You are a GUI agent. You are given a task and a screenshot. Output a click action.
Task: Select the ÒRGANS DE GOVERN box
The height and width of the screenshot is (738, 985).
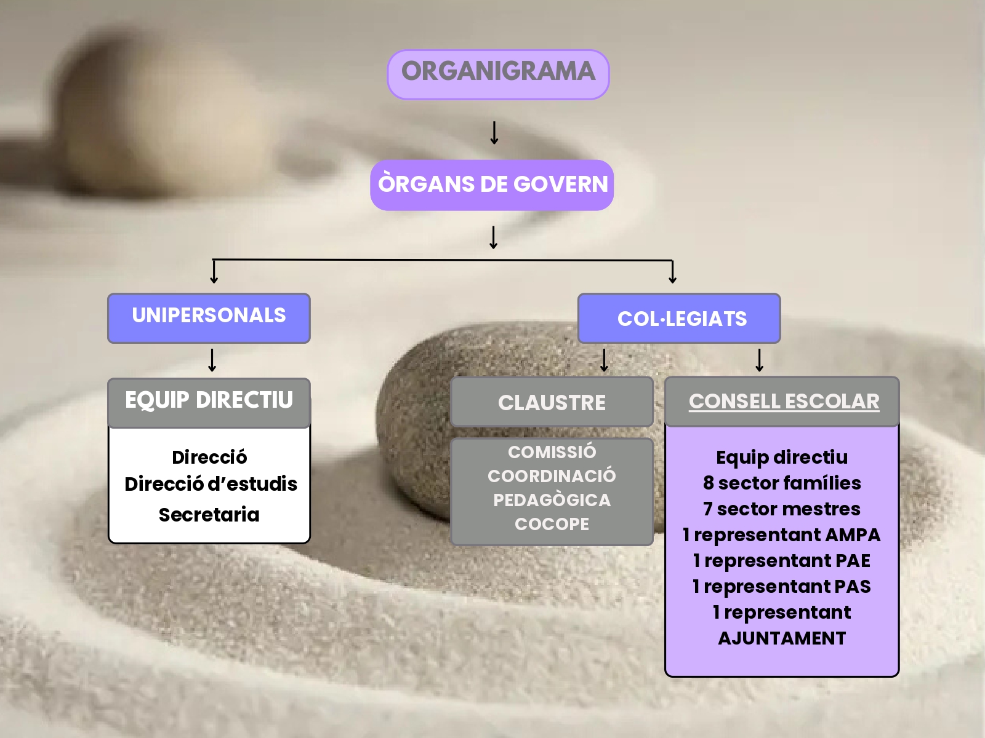(492, 184)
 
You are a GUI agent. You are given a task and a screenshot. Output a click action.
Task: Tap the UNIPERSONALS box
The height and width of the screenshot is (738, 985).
(209, 317)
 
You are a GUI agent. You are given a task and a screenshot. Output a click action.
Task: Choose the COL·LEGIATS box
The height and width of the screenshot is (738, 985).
(679, 319)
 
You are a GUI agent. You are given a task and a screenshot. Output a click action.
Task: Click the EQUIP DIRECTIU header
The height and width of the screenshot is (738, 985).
(209, 402)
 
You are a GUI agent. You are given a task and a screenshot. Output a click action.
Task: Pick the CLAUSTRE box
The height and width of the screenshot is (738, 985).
(552, 402)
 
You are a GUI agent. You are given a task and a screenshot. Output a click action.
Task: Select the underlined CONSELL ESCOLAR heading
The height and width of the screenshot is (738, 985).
(784, 401)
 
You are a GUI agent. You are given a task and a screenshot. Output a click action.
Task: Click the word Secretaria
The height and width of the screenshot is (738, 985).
(209, 515)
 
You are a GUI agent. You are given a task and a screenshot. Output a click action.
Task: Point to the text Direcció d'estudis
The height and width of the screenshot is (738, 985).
(211, 484)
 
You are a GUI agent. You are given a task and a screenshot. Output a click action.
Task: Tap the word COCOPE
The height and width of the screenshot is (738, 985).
(552, 524)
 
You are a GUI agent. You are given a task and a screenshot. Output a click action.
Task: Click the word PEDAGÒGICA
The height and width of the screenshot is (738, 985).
(552, 500)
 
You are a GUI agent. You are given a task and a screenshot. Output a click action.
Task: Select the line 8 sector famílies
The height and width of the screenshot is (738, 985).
(782, 483)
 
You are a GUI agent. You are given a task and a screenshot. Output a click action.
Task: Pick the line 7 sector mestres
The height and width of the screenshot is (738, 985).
(782, 509)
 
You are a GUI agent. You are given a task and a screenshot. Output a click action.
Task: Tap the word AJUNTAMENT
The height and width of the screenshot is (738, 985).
(782, 638)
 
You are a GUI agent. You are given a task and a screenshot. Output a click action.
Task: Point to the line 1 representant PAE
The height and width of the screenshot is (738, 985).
(782, 560)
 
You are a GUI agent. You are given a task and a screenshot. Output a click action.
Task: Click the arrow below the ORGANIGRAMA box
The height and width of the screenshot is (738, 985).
(494, 133)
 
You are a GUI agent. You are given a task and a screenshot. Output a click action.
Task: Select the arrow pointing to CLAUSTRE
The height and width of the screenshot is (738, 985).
(604, 360)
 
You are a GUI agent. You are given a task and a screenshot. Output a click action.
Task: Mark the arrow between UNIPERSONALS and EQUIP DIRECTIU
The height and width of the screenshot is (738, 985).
(212, 360)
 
